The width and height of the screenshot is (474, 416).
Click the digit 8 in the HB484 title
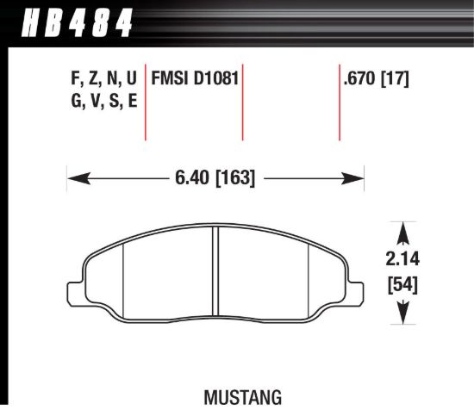91,22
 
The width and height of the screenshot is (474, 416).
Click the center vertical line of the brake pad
215,276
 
